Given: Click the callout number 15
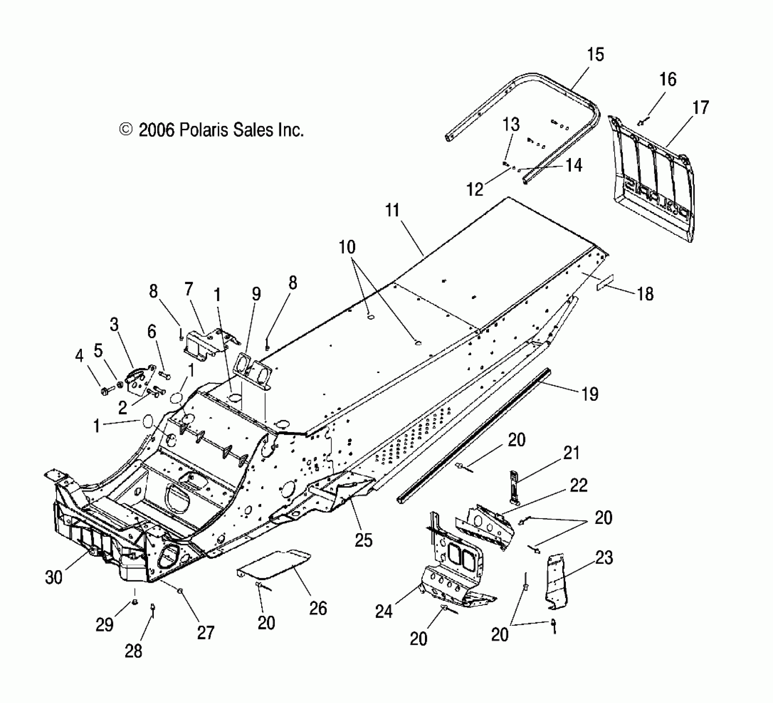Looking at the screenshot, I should click(x=595, y=55).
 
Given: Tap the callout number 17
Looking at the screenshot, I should click(x=701, y=108).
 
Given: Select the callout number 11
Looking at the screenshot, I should click(x=392, y=210).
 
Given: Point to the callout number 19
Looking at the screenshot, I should click(x=590, y=394).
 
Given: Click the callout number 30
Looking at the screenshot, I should click(x=54, y=577).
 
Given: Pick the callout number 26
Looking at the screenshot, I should click(x=318, y=608).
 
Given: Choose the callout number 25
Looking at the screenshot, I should click(x=364, y=540).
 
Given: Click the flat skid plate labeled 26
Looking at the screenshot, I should click(x=275, y=564).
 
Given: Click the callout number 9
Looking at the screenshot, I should click(x=256, y=294).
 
